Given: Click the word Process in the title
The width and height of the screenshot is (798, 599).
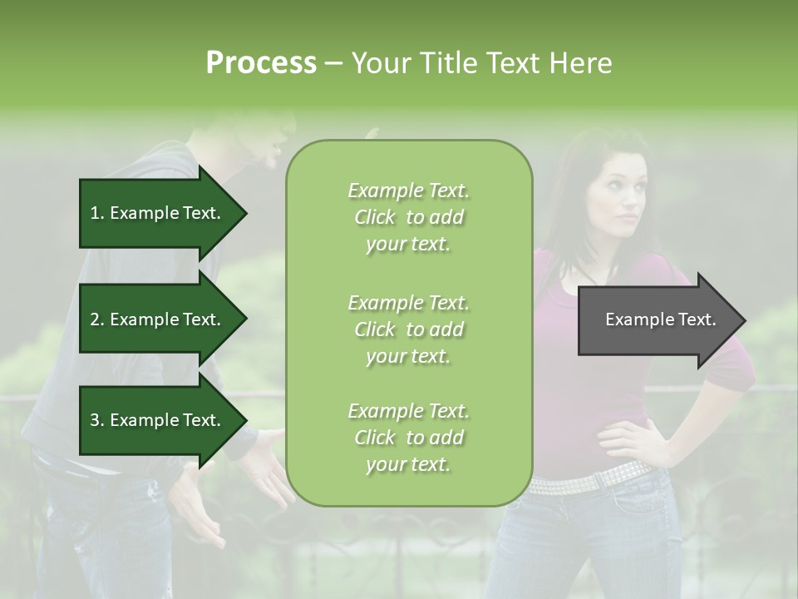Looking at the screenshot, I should [261, 63].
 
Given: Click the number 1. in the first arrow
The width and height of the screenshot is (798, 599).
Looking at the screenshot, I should [97, 213].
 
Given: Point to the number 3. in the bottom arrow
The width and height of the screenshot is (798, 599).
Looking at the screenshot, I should [97, 420].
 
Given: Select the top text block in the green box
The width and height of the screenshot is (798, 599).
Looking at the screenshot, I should [408, 217].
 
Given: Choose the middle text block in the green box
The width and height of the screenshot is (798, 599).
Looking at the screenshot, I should [408, 329].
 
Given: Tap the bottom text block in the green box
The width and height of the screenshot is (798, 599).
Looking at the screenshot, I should [408, 438].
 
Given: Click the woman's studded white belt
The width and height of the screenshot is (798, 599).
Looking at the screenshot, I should [590, 480].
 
